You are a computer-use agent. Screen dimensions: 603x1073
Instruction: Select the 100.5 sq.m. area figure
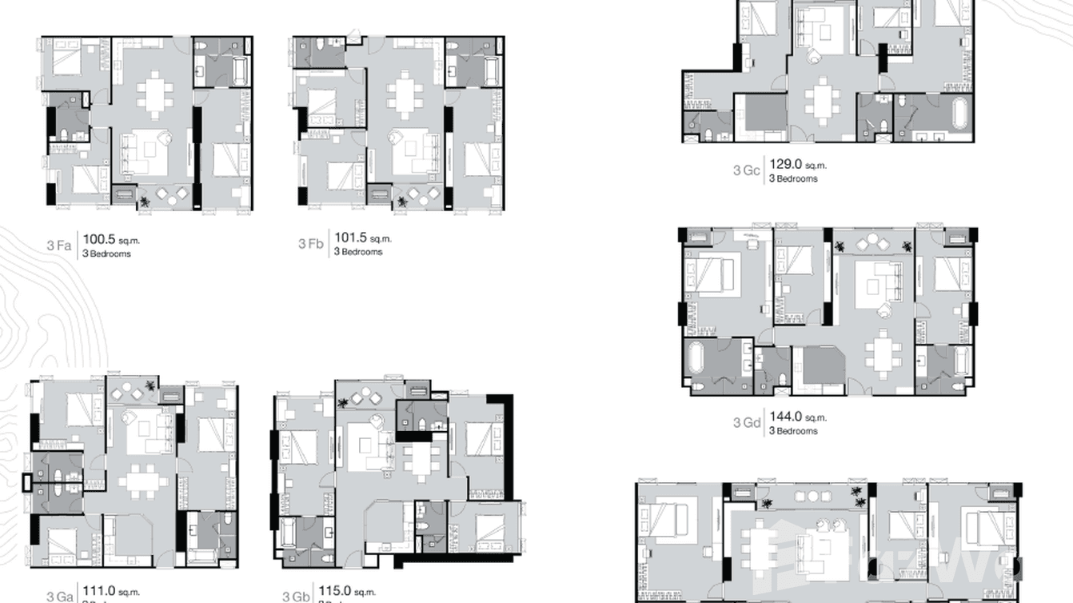100,238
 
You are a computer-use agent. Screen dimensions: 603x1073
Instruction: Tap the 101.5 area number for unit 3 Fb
350,238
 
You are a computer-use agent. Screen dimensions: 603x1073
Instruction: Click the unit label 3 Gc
746,170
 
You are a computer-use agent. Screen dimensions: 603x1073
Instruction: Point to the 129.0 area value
785,165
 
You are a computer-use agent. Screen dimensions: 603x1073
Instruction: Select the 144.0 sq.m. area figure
785,417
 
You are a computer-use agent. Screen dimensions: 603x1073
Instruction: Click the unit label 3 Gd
746,422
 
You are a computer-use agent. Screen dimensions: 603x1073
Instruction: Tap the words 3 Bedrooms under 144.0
793,431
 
